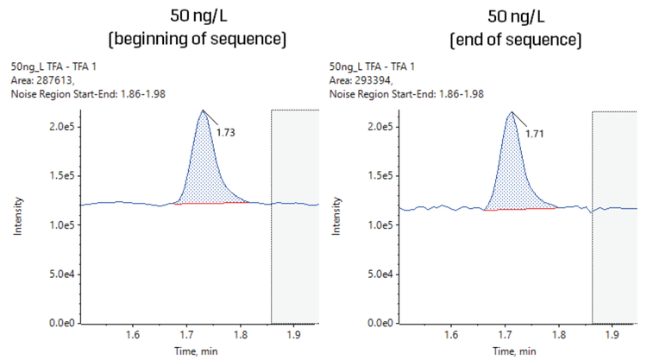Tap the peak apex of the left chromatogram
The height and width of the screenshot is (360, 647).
[x=203, y=110]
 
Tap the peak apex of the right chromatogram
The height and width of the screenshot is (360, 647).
[x=512, y=111]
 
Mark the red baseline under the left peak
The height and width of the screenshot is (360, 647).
[x=211, y=203]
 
